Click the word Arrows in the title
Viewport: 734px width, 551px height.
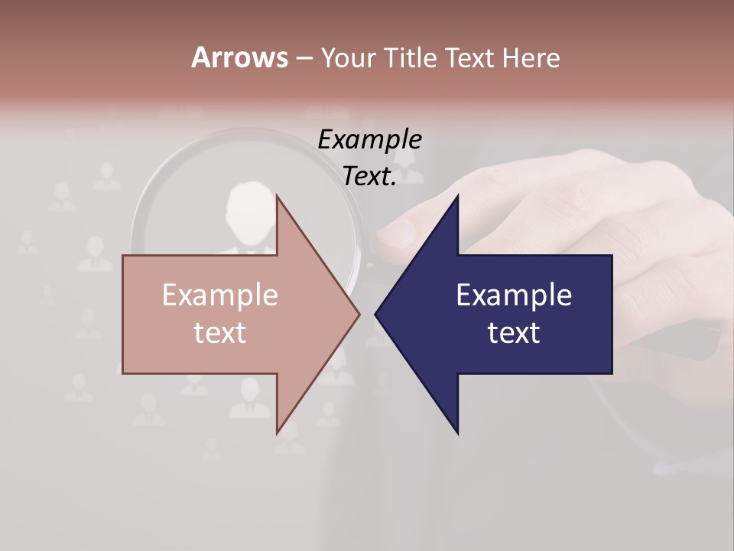tap(239, 57)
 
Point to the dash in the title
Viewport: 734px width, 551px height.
tap(303, 58)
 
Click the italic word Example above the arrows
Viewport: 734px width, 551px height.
tap(370, 139)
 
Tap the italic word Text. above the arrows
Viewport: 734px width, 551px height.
tap(370, 176)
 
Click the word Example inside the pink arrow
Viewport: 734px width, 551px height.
tap(220, 295)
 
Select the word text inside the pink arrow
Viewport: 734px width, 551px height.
tap(220, 332)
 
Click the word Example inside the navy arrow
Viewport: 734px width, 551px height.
tap(514, 295)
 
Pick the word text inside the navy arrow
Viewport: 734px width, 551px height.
tap(514, 332)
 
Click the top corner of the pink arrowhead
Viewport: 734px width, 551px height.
tap(278, 196)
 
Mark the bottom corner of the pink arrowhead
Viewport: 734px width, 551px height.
tap(278, 432)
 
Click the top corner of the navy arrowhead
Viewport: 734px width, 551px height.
tap(457, 196)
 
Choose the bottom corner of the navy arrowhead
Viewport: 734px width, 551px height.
tap(457, 432)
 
